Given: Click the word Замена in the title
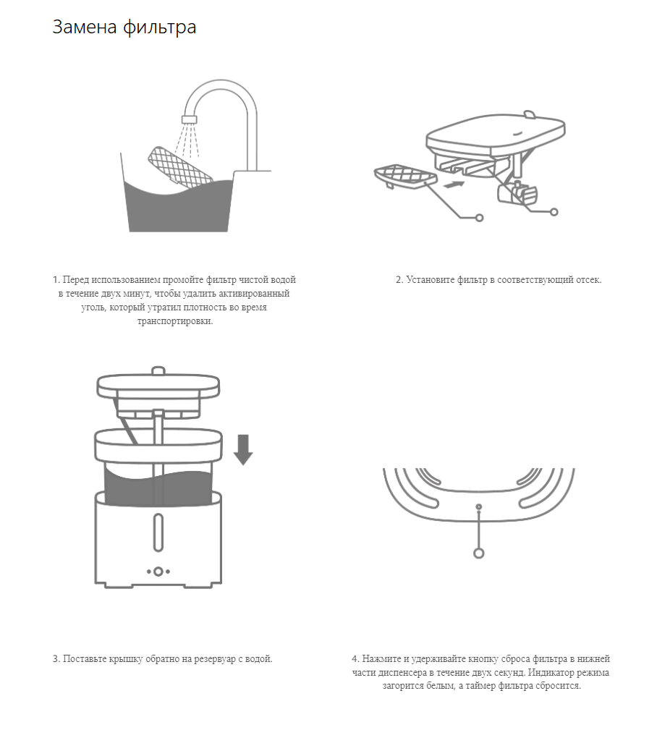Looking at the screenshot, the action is coord(84,27).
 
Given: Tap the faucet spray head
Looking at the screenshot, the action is coord(190,119).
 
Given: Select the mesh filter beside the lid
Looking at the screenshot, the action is coord(405,177).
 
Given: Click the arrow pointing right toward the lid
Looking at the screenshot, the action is coord(454,184).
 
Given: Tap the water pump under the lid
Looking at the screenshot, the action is coord(517,192).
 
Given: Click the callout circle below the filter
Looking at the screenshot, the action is coord(479,218).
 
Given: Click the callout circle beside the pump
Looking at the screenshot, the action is coord(554,212).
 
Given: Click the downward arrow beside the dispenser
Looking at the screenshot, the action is coord(243,449).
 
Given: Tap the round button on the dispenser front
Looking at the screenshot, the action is coord(158,572).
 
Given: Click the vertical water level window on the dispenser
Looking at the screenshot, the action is coord(158,532).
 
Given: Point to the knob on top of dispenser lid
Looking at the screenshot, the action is coord(158,370).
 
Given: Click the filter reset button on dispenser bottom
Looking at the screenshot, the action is coord(478,506).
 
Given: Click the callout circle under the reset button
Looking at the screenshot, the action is coord(478,553).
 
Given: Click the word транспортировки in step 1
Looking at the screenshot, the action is coord(175,321).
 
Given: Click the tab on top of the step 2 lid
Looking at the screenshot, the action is coord(530,114).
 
